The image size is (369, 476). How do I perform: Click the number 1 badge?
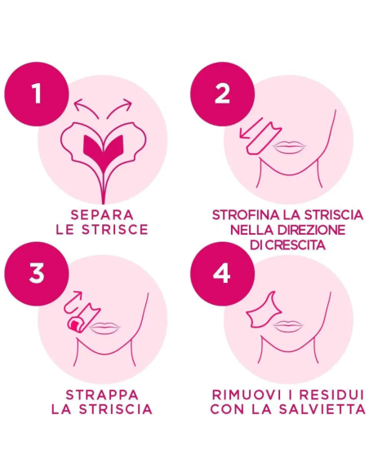point(36,94)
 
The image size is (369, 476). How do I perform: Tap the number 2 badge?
point(222,94)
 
